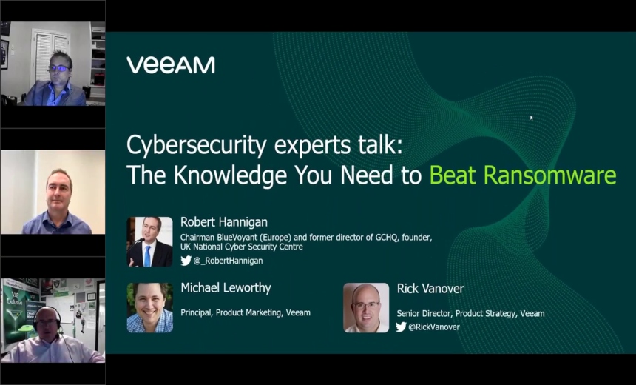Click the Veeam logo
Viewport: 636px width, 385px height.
coord(171,65)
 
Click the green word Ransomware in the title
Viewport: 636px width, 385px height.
coord(550,175)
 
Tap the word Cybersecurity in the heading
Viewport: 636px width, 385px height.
coord(197,146)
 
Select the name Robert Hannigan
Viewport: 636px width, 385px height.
coord(224,222)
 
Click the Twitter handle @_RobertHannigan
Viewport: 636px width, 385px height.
coord(228,261)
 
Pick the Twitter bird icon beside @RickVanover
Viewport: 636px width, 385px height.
coord(401,327)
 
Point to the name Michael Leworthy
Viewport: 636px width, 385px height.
coord(226,287)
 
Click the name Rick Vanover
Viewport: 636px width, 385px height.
coord(430,289)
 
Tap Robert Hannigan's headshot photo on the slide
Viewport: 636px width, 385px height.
coord(149,242)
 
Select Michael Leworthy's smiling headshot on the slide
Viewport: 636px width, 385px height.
coord(149,308)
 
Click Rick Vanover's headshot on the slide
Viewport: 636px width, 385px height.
coord(366,308)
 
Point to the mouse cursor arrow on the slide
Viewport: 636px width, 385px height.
coord(531,118)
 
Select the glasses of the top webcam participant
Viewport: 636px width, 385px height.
coord(58,68)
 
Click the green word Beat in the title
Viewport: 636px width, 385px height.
coord(453,175)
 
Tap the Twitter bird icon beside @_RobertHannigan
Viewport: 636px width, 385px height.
coord(186,261)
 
